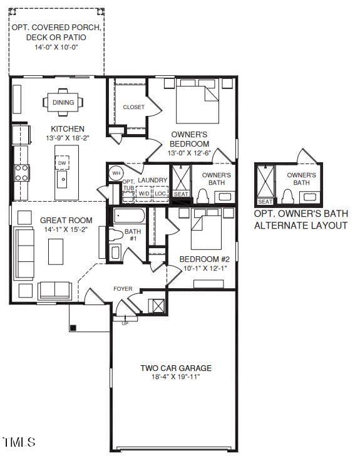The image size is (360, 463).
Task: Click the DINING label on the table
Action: coord(63,103)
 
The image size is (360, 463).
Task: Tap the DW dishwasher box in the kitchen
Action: coord(62,164)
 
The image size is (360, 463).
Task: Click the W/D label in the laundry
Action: coord(144,194)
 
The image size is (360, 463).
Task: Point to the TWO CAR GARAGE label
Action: coord(175,368)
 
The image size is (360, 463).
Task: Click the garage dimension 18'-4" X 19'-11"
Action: coord(175,377)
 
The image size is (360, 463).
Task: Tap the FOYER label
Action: coord(123,289)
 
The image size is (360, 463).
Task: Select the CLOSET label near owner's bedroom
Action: coord(133,107)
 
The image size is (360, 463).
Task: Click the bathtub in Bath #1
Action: coord(129,217)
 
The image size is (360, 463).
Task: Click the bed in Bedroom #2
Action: coord(206,229)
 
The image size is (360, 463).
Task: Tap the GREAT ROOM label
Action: coord(66,221)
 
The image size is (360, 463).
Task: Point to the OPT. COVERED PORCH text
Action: coord(56,28)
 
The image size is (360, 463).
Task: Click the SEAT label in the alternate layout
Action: coord(265,202)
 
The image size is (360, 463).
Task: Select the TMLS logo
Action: coord(19,442)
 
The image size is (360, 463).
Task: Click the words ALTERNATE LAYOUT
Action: coord(300,225)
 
